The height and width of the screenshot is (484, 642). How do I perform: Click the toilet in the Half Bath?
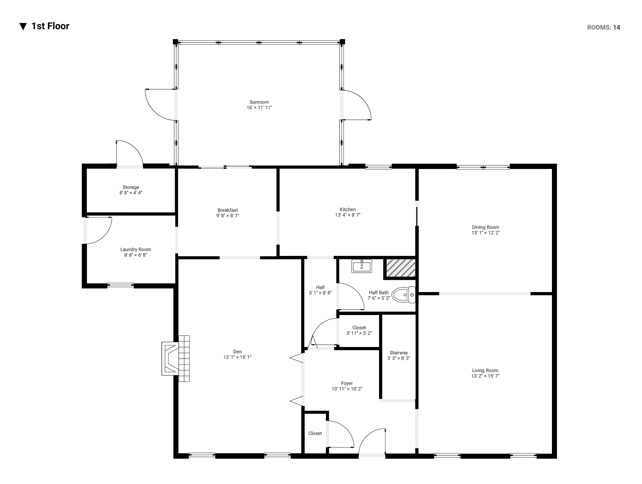click(x=403, y=295)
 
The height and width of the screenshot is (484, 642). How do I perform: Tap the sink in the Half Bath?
click(x=362, y=266)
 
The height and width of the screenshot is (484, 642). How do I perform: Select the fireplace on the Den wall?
click(x=176, y=358)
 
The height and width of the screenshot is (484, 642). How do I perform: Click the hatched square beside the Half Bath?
click(x=401, y=268)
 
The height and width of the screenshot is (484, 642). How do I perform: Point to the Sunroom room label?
click(x=259, y=102)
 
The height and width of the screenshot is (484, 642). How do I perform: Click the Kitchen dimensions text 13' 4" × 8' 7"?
click(x=348, y=215)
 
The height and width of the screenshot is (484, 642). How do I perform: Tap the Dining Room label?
click(x=485, y=227)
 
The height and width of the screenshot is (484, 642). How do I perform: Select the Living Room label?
click(x=485, y=371)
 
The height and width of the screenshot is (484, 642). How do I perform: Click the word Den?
click(x=237, y=352)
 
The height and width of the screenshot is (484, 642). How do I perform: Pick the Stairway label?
click(x=399, y=353)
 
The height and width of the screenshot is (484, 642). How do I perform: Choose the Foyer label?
click(x=347, y=384)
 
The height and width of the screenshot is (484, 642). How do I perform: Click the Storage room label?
click(x=131, y=187)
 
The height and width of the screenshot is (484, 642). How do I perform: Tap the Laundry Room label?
click(x=136, y=250)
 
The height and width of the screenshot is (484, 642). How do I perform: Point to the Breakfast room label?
click(x=228, y=210)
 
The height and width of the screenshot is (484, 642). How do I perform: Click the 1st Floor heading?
click(x=50, y=26)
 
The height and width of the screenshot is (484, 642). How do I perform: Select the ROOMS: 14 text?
click(x=603, y=27)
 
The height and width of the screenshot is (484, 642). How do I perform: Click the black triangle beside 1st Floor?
click(x=23, y=26)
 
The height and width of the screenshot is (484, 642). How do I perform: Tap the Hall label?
click(x=320, y=288)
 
